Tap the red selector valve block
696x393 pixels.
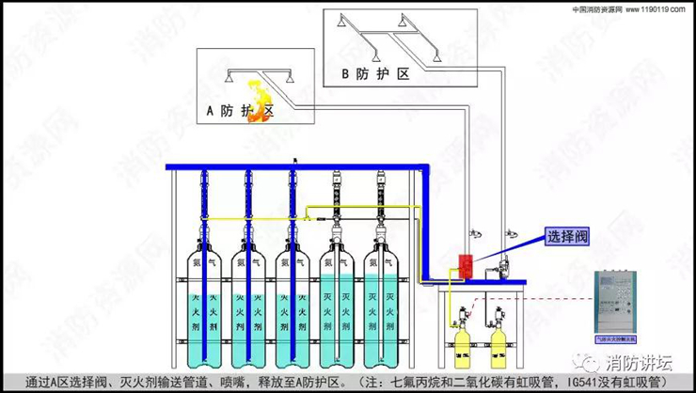coord(464,264)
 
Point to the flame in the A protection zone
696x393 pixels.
coord(259,94)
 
